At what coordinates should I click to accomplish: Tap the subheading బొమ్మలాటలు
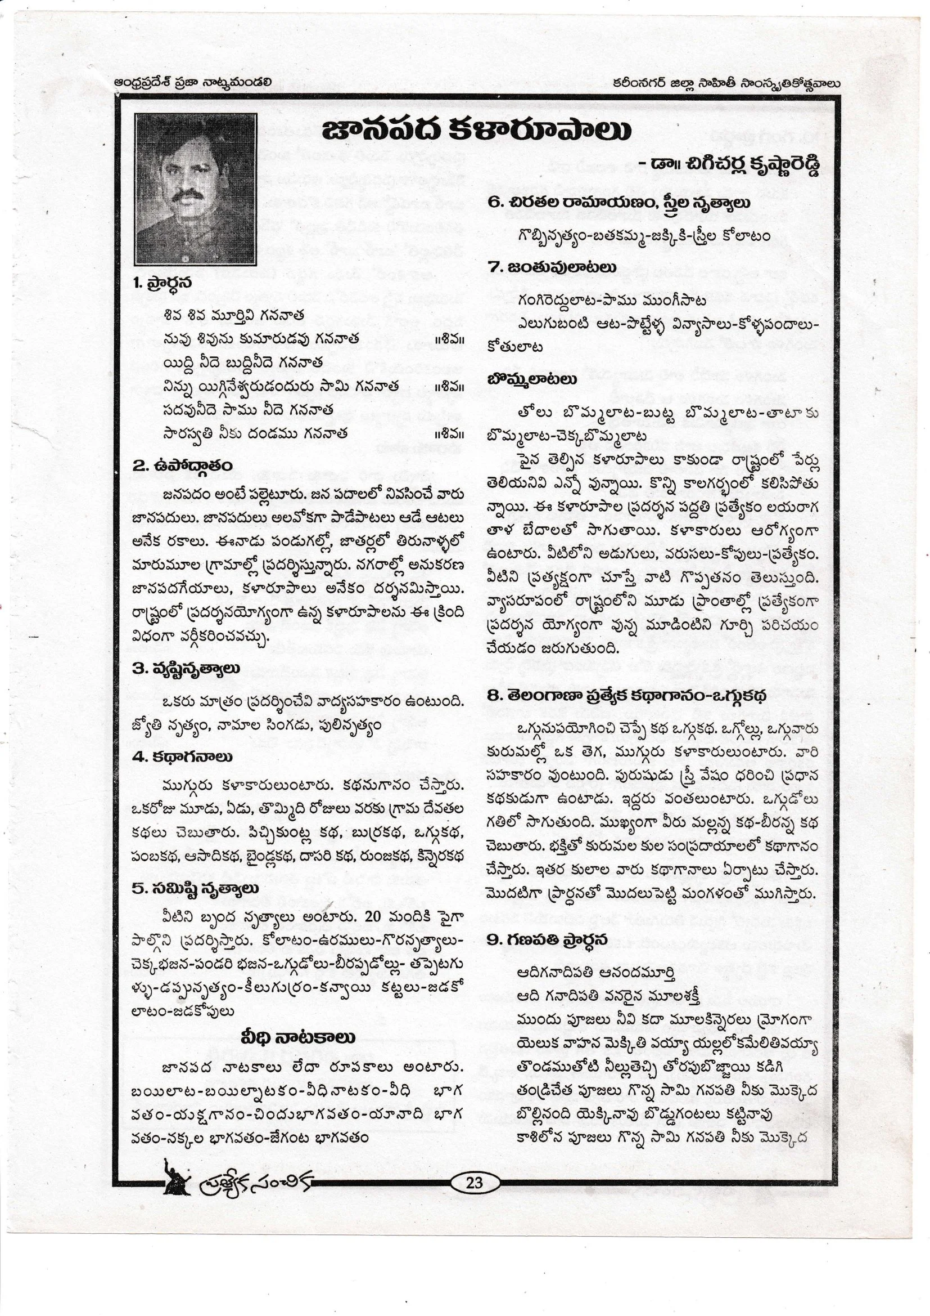click(x=532, y=379)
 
